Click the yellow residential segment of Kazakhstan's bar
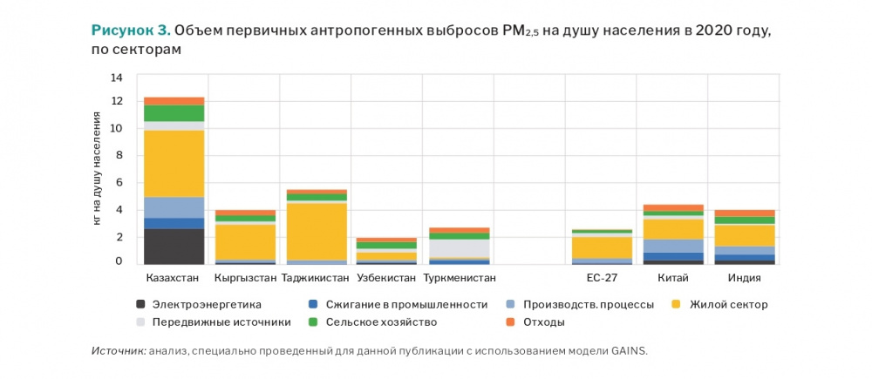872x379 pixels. tap(174, 163)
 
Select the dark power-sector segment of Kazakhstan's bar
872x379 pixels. tap(174, 246)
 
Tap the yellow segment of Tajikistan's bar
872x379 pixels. tap(316, 231)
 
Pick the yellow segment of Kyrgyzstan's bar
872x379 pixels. tap(245, 241)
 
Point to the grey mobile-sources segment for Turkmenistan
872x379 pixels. tap(458, 247)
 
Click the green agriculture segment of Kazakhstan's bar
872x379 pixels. tap(174, 113)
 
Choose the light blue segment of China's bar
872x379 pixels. tap(671, 246)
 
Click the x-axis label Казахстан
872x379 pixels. tap(173, 278)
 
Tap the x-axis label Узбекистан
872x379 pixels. tap(387, 278)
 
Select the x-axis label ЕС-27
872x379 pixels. tap(600, 278)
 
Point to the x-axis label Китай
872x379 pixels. tap(671, 278)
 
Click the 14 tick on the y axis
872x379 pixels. tap(117, 78)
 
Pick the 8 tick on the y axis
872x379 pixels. tap(119, 157)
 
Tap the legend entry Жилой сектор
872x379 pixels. tap(728, 304)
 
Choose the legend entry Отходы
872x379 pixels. tap(544, 322)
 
